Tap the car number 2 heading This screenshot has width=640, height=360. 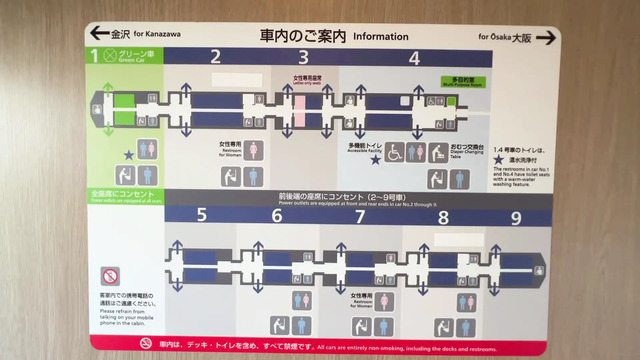pos(215,56)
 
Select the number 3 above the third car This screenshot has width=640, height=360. pos(304,57)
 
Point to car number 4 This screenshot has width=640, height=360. pos(413,57)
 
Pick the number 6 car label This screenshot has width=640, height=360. pos(276,215)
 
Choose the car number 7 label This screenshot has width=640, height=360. pos(360,215)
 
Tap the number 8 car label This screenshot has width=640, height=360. pos(442,215)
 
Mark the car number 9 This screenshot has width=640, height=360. pos(516,215)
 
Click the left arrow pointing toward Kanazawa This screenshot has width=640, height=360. pos(99,33)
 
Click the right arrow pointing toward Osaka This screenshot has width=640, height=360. pos(546,38)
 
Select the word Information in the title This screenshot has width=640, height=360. pos(380,36)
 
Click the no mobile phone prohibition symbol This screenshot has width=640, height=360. pos(111,276)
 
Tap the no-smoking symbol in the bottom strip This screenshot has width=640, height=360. pos(146,343)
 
